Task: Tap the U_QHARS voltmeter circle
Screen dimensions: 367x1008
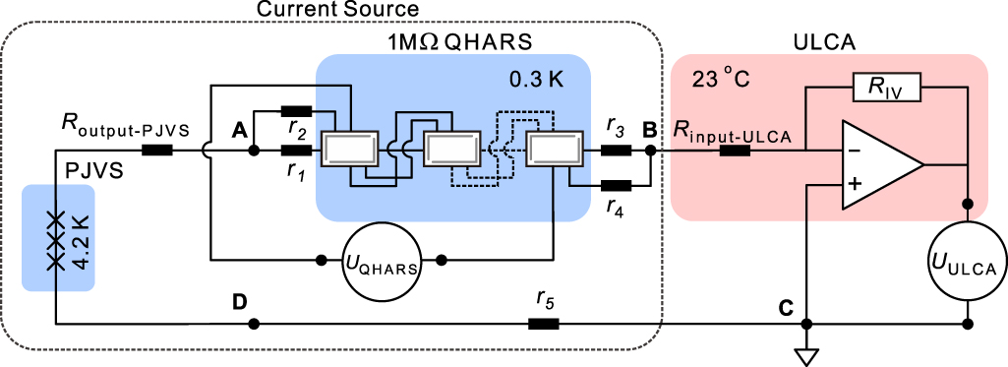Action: (383, 261)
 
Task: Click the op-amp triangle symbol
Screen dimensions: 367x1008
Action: (877, 165)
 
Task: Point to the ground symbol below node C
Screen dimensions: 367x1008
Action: (805, 353)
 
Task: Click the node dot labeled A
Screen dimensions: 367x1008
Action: (254, 151)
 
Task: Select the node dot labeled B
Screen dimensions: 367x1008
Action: (650, 151)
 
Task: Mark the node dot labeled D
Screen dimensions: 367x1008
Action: (254, 323)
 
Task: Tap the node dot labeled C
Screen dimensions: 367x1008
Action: (805, 323)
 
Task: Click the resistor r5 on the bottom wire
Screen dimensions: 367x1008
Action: (544, 323)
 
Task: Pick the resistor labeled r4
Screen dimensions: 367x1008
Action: (615, 184)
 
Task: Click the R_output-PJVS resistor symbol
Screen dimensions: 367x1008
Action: (157, 151)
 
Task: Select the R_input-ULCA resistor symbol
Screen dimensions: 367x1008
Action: (735, 151)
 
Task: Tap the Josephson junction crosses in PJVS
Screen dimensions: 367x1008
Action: (56, 239)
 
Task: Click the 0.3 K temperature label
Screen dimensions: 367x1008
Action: (537, 77)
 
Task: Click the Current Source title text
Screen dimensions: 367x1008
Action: (338, 10)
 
